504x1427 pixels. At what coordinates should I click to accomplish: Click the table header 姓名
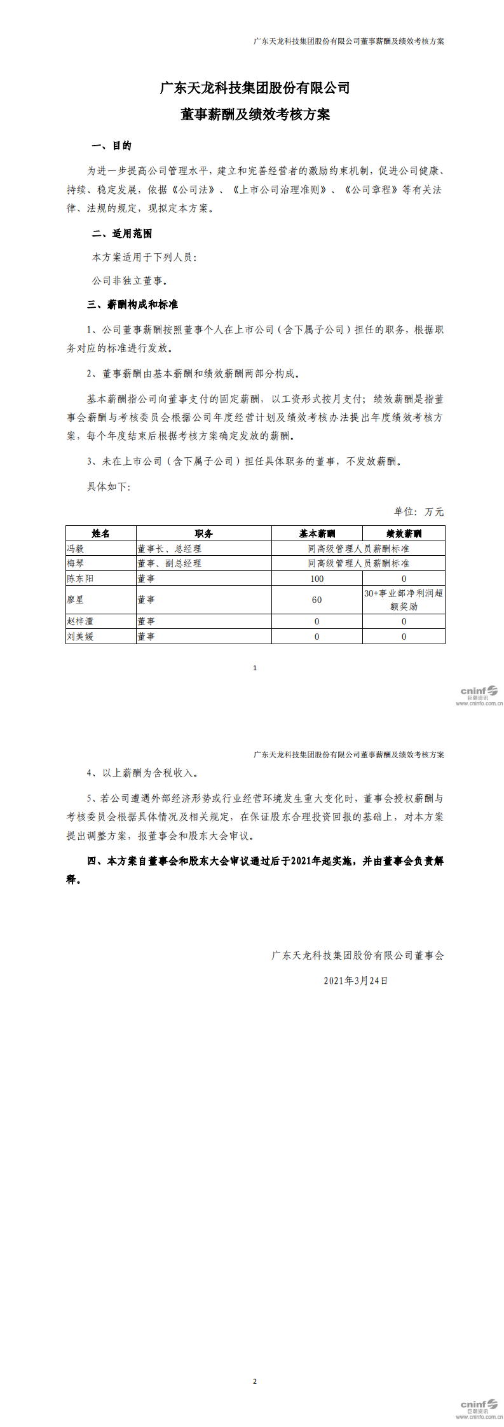coord(100,534)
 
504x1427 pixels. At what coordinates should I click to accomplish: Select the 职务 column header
coord(203,534)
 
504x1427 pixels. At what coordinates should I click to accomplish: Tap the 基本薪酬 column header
coord(317,534)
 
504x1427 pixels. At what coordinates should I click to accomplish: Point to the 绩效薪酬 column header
coord(404,534)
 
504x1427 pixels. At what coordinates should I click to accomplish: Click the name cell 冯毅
coord(76,548)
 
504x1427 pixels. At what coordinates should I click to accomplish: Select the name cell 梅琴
coord(76,563)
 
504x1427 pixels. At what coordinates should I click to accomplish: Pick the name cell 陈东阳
coord(80,579)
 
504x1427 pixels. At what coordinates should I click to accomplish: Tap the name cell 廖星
coord(76,600)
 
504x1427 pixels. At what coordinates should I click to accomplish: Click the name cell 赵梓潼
coord(80,621)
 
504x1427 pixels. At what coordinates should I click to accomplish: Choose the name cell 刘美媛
coord(80,637)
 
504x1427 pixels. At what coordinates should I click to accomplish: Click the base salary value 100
coord(317,579)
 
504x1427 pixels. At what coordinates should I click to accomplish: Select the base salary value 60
coord(317,600)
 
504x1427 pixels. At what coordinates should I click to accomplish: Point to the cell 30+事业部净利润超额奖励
coord(404,600)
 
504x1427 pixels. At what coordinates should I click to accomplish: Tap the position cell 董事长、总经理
coord(170,548)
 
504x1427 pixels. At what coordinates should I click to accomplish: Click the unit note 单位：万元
coord(419,512)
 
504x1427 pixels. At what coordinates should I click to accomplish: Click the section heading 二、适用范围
coord(121,234)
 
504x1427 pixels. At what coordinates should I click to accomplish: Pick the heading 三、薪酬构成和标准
coord(132,305)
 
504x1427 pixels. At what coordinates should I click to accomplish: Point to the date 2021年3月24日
coord(356,981)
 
